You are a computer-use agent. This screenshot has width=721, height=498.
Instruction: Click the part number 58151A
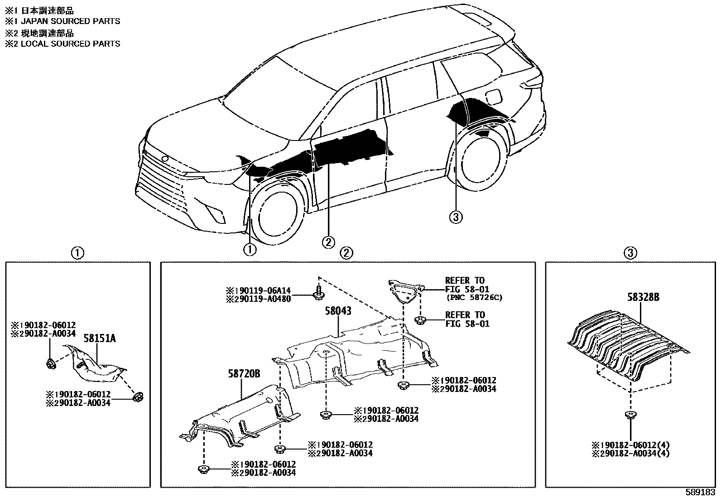99,338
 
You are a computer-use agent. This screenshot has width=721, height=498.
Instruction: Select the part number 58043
338,311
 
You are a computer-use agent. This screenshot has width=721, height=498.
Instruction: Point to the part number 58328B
643,297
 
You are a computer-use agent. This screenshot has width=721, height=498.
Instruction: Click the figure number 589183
701,492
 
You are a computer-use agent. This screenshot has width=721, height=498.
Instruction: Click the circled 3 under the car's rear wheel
456,218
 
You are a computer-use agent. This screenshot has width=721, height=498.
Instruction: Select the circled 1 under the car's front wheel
250,249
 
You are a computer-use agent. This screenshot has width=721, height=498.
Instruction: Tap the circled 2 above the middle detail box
346,253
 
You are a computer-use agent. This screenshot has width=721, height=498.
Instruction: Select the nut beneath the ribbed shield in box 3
630,415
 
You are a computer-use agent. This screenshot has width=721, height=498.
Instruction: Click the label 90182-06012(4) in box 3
631,445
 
